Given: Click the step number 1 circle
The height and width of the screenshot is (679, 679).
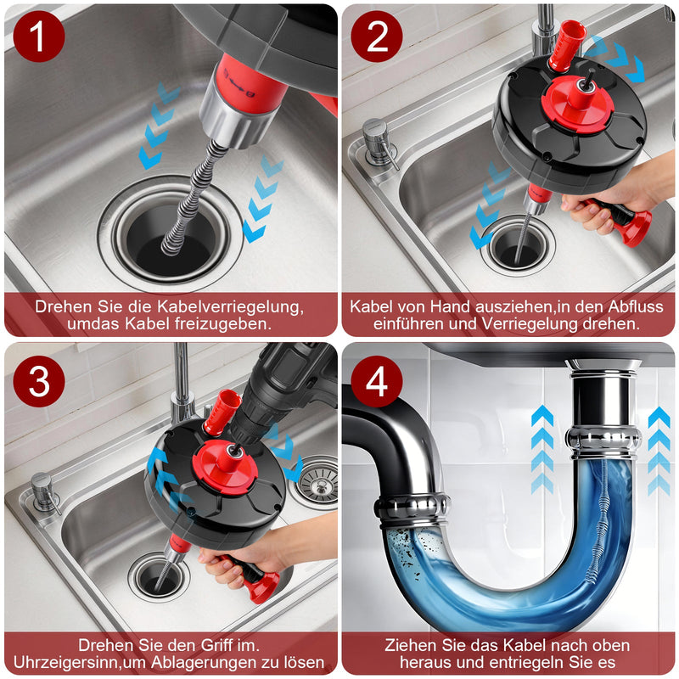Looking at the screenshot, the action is point(39,36).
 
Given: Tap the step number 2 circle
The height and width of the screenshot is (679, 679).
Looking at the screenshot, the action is point(377,36).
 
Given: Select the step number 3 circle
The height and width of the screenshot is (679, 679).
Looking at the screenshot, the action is point(39,381).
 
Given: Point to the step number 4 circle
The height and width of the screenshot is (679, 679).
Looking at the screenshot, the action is point(377,381).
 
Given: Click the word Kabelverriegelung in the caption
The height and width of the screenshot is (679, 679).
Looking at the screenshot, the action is point(228,307).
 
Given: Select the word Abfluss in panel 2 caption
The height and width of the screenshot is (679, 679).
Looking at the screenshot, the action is point(636,306).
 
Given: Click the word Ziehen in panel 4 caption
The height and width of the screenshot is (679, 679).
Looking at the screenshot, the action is point(407,646).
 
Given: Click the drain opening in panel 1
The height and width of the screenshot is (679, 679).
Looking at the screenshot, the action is point(171,234).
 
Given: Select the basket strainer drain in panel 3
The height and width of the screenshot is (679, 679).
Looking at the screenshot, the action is point(318,481).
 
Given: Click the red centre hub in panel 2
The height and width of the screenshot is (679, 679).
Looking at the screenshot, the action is point(578,104).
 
